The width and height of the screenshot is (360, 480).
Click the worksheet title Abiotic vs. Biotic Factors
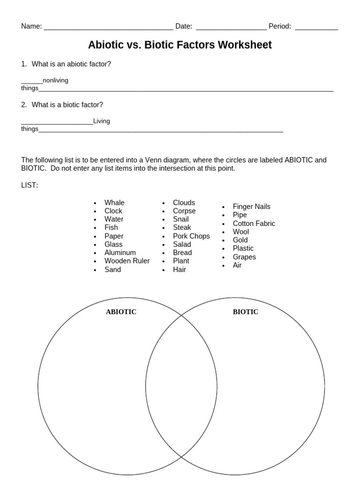click(x=180, y=45)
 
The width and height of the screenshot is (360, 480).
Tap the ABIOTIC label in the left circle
click(x=121, y=312)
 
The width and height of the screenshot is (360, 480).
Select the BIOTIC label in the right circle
click(x=245, y=312)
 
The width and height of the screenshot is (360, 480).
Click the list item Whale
click(x=114, y=202)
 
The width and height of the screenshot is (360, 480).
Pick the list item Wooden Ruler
click(x=127, y=261)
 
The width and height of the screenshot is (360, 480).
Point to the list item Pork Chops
click(x=191, y=236)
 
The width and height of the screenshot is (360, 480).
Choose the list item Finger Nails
click(x=251, y=206)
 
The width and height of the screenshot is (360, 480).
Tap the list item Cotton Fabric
click(x=254, y=223)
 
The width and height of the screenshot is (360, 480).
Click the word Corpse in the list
click(x=184, y=211)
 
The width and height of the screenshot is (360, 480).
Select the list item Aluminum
click(x=120, y=252)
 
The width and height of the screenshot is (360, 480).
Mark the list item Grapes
click(x=244, y=257)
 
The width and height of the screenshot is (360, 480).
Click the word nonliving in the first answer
click(x=55, y=80)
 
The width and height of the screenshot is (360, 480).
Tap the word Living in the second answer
click(x=102, y=121)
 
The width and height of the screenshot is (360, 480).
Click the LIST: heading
click(x=30, y=185)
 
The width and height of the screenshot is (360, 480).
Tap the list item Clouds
click(x=184, y=202)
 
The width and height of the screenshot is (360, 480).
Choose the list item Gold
click(x=240, y=240)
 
